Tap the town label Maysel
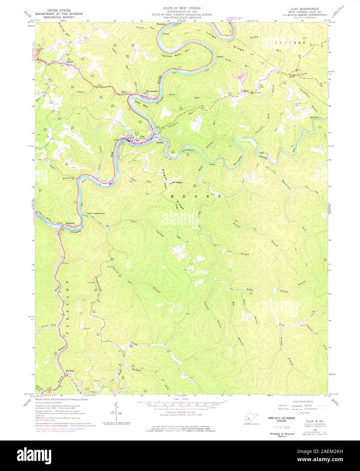pyautogui.click(x=70, y=62)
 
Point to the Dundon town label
pyautogui.click(x=160, y=143)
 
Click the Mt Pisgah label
pyautogui.click(x=177, y=182)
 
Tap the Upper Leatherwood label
pyautogui.click(x=96, y=213)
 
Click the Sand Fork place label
pyautogui.click(x=315, y=117)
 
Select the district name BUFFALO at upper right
pyautogui.click(x=290, y=43)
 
